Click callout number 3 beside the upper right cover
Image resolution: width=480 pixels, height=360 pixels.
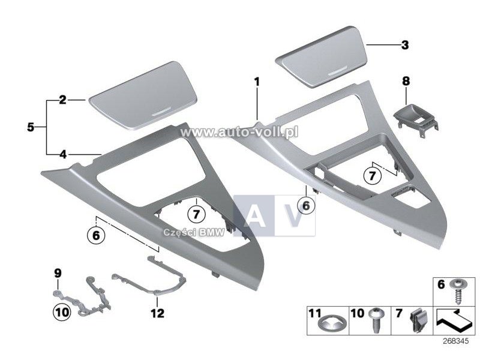pos(404,46)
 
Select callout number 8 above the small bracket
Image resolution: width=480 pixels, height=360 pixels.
pos(406,82)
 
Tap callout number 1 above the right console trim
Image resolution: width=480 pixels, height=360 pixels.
pos(257,82)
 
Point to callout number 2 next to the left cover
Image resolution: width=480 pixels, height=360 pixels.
pos(62,100)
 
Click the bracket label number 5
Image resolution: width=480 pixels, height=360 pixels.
pos(31,127)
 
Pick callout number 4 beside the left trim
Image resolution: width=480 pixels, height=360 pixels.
pos(63,154)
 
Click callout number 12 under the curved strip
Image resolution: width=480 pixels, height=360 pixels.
pos(157,313)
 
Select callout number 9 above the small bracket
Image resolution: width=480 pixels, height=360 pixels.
pos(58,273)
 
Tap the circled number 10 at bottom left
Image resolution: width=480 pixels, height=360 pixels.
pos(62,313)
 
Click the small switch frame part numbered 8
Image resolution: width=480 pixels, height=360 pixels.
pos(416,121)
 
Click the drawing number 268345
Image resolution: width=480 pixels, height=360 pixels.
pos(455,341)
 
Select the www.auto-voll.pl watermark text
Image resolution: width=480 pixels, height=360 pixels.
pos(239,132)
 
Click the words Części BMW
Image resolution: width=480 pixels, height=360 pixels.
pos(194,232)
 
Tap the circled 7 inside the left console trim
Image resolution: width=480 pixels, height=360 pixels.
pos(196,214)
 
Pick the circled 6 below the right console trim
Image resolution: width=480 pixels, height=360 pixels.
pos(306,206)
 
